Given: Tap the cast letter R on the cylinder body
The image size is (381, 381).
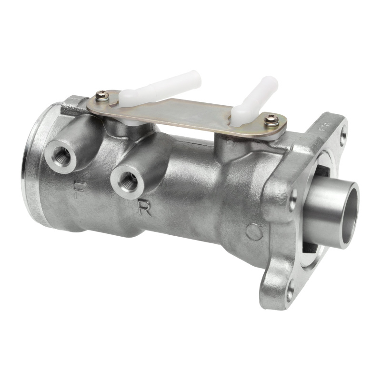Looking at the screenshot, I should click(144, 208).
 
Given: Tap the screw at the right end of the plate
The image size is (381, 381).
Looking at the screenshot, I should click(272, 120).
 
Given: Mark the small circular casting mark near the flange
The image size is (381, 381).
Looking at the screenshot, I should click(254, 232).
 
